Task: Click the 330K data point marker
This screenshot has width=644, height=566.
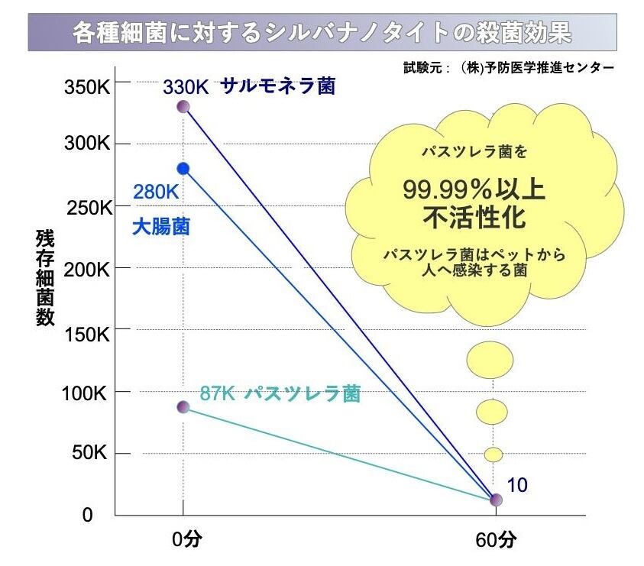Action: click(183, 106)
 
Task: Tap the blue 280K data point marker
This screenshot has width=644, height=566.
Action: click(183, 168)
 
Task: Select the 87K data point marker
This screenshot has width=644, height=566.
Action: click(183, 407)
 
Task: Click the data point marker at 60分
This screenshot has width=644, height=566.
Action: click(496, 500)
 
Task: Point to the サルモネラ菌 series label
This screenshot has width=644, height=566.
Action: click(278, 86)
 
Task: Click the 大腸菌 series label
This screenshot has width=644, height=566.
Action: click(160, 227)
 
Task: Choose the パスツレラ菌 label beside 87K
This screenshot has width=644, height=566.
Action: click(303, 394)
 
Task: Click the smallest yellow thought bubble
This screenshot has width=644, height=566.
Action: click(494, 454)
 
